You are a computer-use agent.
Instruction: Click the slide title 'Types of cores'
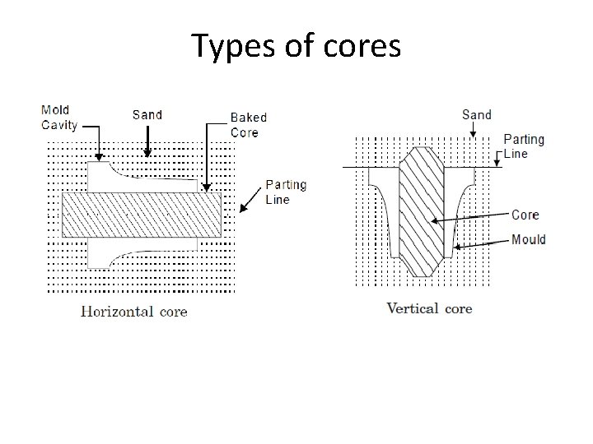point(296,46)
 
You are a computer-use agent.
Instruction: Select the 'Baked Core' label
point(248,125)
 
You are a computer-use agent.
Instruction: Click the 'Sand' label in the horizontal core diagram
point(147,114)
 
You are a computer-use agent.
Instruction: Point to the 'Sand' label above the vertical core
point(477,114)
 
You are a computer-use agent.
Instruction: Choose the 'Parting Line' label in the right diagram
point(524,146)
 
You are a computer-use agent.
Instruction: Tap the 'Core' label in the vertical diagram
point(525,215)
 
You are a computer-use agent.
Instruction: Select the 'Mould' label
point(528,240)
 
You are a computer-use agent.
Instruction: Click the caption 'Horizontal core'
point(133,311)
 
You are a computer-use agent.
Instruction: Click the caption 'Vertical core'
point(429,308)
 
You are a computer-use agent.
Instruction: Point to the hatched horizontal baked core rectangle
point(142,215)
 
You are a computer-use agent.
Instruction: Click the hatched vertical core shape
point(422,214)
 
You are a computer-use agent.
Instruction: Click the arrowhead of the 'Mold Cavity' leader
point(99,159)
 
